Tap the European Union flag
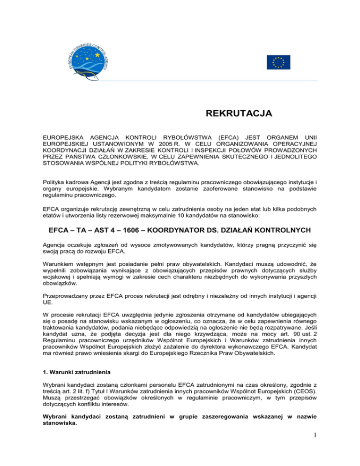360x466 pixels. pos(278,62)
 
